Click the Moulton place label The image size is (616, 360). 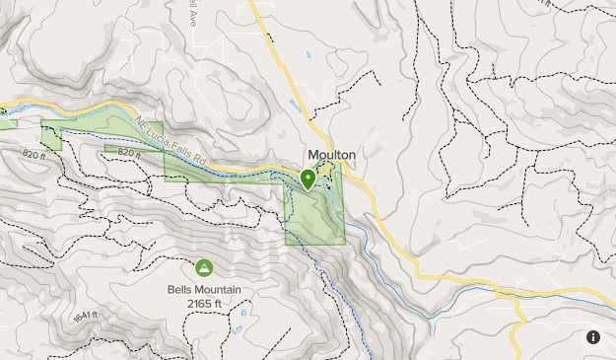point(331,156)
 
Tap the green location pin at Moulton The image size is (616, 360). point(308,179)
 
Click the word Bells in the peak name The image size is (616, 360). point(180,290)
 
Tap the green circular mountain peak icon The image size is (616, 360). point(204,267)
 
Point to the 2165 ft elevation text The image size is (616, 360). point(204,304)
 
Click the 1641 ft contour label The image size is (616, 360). point(85,317)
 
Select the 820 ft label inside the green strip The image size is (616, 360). point(131,154)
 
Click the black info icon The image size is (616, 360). point(593,337)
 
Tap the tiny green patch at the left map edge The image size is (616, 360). point(8,123)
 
